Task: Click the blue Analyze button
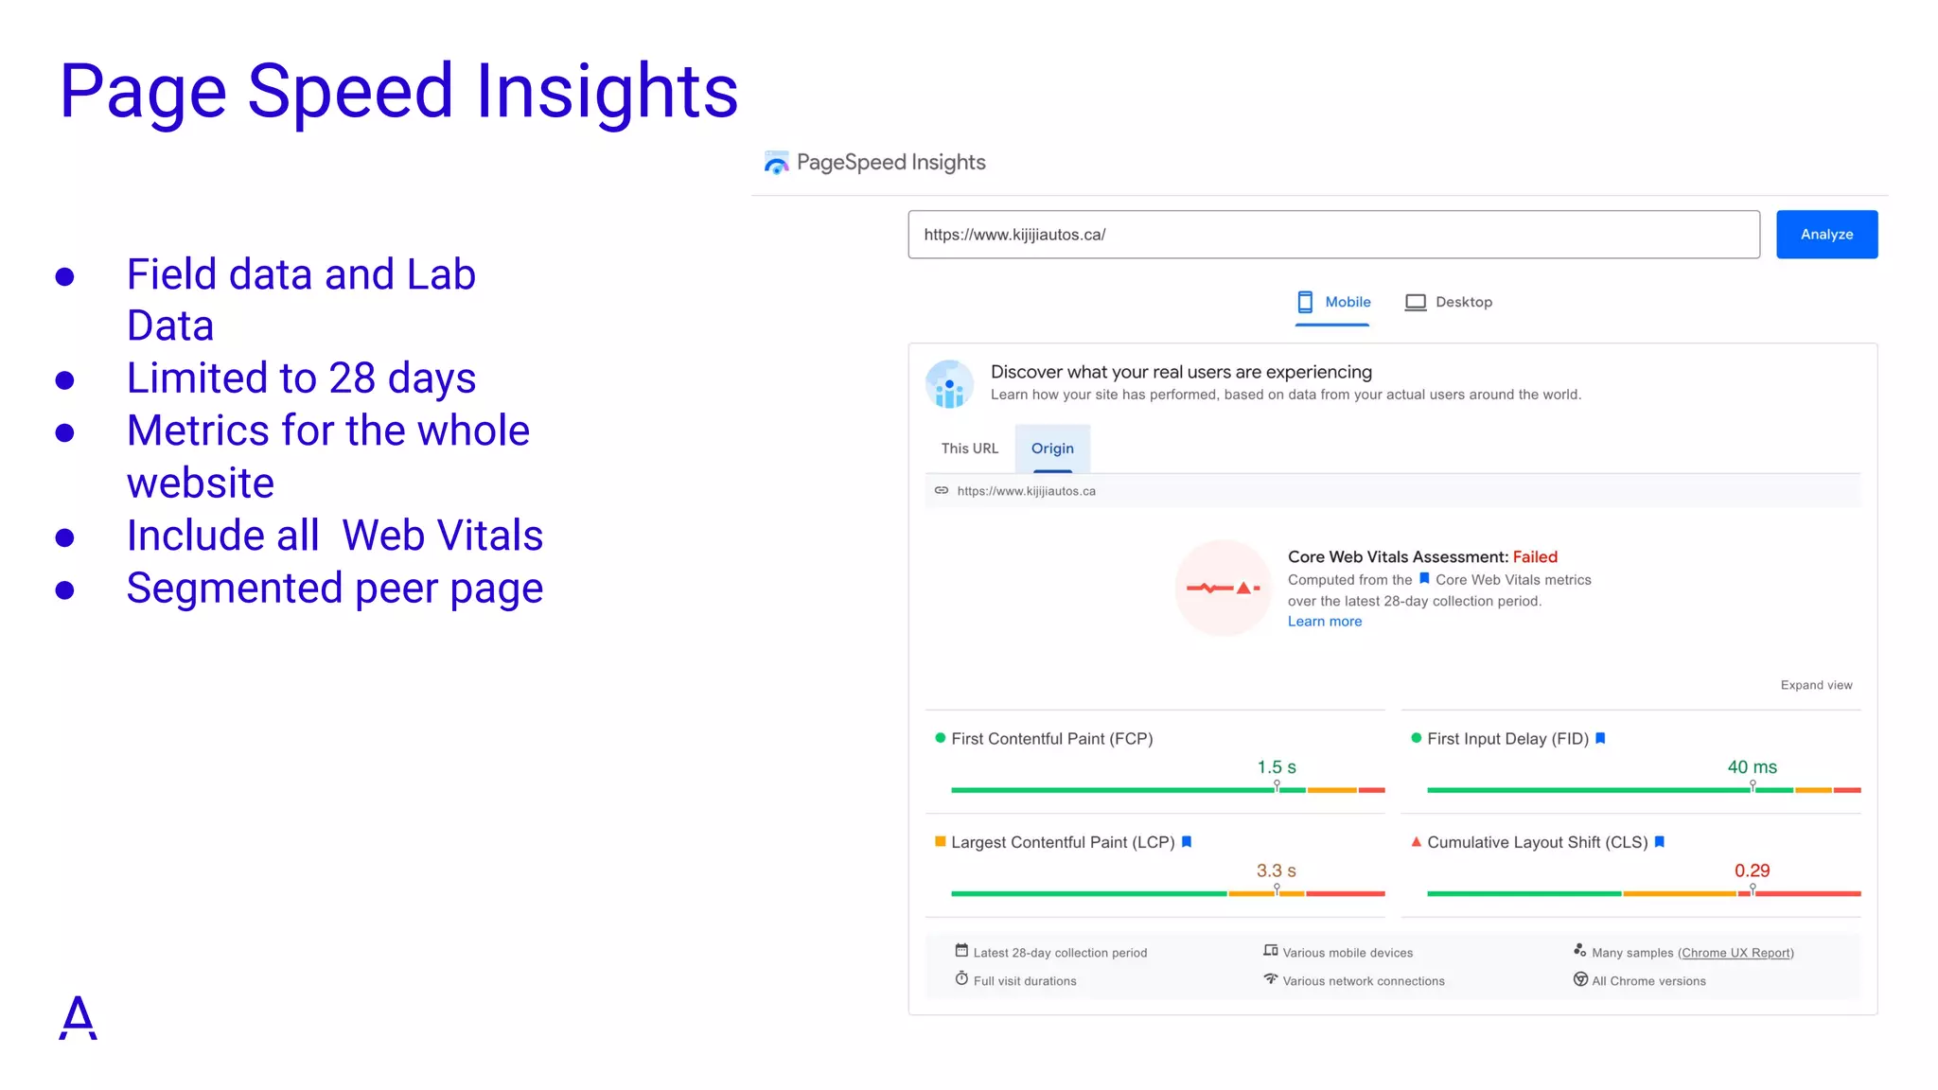tap(1826, 234)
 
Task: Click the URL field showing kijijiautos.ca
tap(1332, 235)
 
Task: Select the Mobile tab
tap(1332, 302)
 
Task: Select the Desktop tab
tap(1449, 302)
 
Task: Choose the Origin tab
tap(1052, 448)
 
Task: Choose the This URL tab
tap(969, 448)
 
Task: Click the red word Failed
tap(1534, 557)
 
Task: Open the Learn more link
tap(1324, 622)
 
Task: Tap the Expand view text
tap(1816, 685)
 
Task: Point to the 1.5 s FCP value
tap(1276, 767)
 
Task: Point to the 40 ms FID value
tap(1752, 767)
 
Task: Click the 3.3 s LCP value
tap(1276, 870)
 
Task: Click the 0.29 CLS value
tap(1752, 870)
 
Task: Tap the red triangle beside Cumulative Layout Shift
tap(1416, 841)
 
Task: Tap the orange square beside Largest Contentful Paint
tap(940, 841)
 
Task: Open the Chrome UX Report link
tap(1735, 953)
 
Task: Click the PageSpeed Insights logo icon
tap(776, 163)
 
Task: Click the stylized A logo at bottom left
tap(78, 1018)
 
